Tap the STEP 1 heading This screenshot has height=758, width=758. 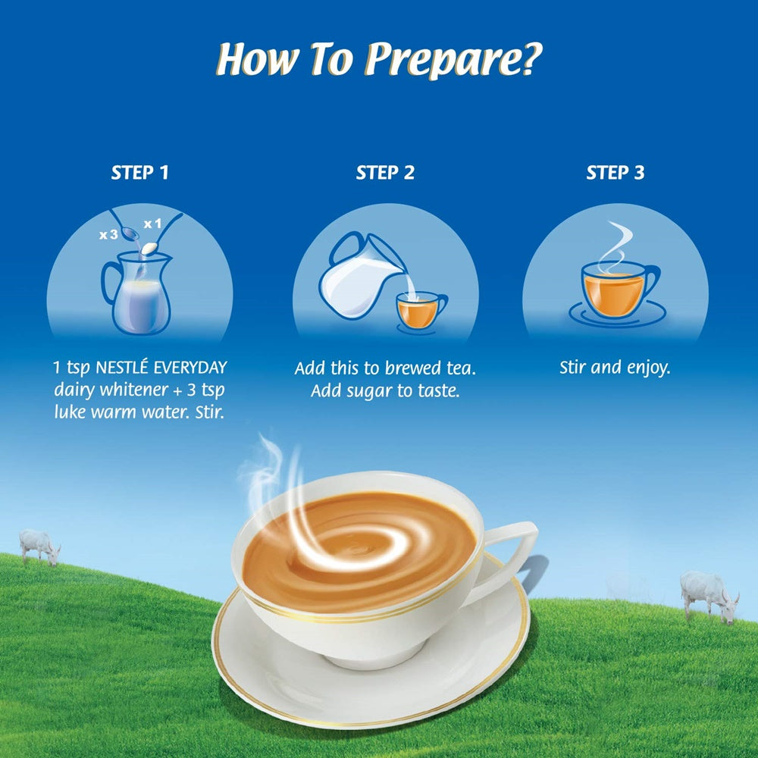click(139, 173)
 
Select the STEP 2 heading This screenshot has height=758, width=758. click(385, 173)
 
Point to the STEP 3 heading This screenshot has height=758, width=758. click(615, 173)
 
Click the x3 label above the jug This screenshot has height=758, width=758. click(108, 235)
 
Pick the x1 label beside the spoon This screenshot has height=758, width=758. click(154, 224)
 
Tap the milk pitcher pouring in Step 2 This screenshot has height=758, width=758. click(356, 277)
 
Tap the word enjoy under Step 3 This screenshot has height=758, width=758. click(645, 368)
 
